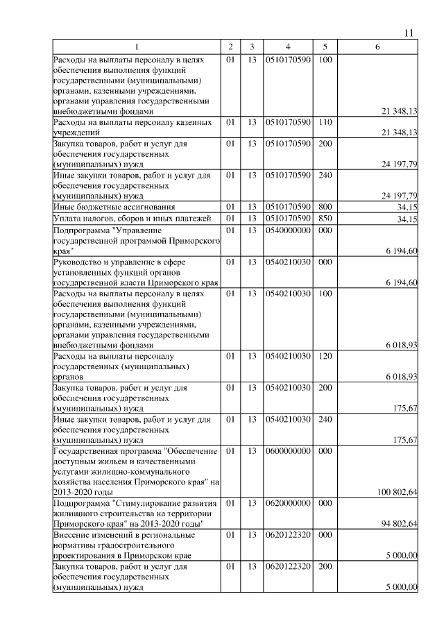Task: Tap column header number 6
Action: (377, 46)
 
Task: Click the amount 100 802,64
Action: (396, 492)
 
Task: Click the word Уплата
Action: (68, 219)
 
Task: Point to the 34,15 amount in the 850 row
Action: (406, 220)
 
